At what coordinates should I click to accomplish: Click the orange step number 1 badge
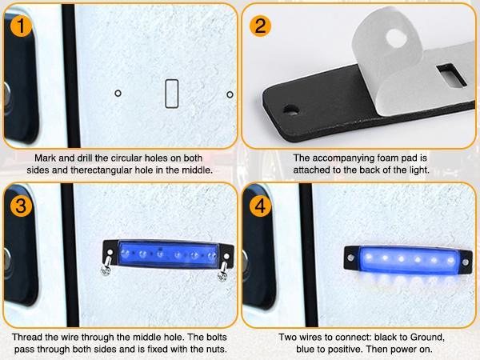click(x=21, y=26)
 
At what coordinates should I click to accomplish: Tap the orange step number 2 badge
click(x=260, y=26)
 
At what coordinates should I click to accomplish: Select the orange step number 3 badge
click(x=21, y=206)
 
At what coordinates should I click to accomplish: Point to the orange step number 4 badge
click(x=260, y=206)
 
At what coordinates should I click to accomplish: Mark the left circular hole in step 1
click(x=118, y=93)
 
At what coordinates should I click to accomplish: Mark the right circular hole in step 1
click(x=230, y=94)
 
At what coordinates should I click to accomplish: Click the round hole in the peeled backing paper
click(x=396, y=38)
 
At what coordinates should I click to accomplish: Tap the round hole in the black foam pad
click(x=291, y=110)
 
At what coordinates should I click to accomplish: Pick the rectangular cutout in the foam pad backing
click(x=451, y=74)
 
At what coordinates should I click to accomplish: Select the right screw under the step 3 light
click(x=223, y=271)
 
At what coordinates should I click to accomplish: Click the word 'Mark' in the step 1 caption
click(x=45, y=158)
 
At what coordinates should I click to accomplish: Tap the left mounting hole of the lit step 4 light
click(x=351, y=258)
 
